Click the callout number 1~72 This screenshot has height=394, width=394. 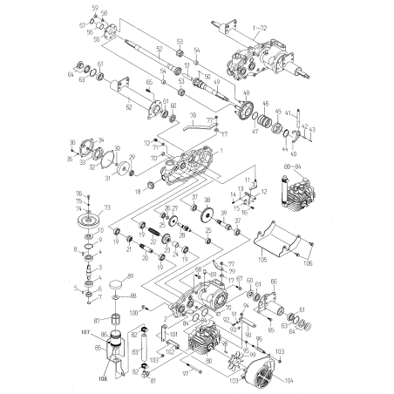click(260, 29)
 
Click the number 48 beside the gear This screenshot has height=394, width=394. click(246, 93)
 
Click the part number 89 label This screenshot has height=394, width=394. click(131, 277)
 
